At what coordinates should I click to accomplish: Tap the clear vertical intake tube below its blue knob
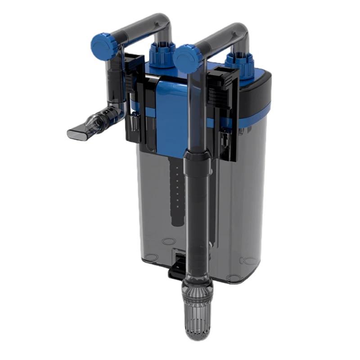(x=191, y=112)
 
